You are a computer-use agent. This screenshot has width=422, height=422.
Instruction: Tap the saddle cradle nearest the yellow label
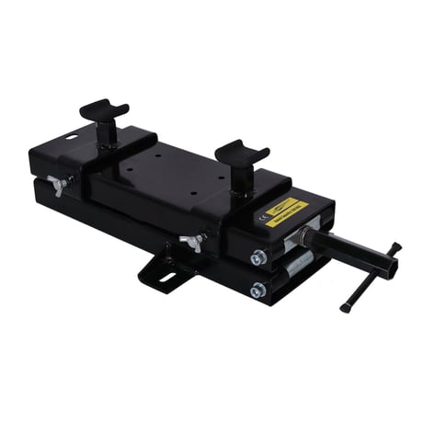coord(240,150)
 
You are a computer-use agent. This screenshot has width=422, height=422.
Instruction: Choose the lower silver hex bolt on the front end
coord(260,291)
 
